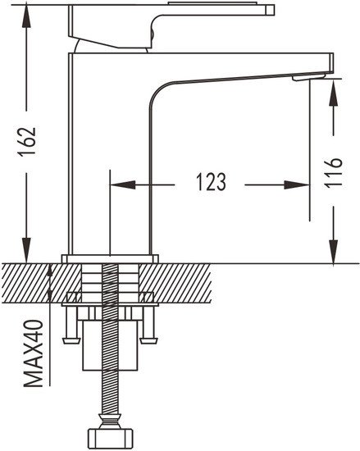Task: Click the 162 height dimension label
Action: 27,141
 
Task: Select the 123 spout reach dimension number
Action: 211,182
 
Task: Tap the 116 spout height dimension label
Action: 333,172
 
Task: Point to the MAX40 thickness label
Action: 34,353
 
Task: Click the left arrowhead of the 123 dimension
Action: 123,185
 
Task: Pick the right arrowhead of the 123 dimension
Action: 297,185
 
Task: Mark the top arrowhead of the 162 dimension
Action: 26,16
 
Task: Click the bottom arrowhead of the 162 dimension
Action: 27,250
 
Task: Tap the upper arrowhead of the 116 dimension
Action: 333,92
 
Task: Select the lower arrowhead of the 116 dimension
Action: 333,251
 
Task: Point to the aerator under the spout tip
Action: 308,77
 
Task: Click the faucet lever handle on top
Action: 171,26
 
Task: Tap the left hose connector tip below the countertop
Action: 71,340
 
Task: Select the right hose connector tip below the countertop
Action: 148,340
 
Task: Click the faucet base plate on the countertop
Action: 110,259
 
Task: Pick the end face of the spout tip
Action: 331,63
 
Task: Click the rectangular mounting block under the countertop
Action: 110,345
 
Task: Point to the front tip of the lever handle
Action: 271,10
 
